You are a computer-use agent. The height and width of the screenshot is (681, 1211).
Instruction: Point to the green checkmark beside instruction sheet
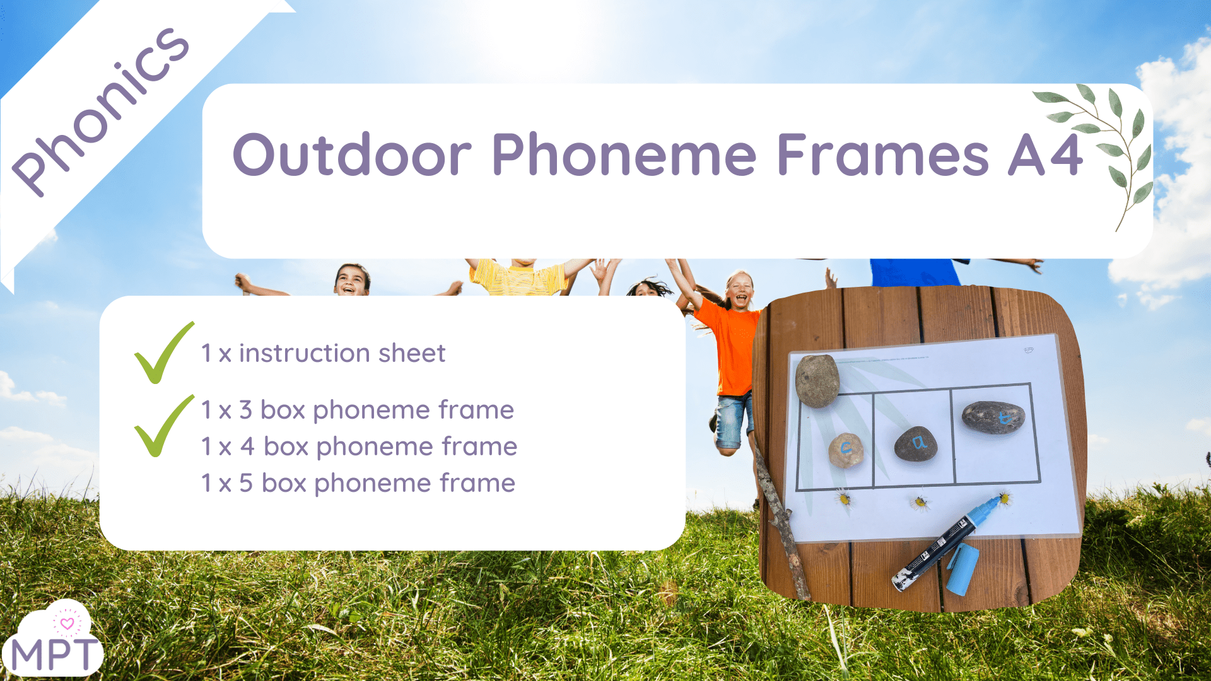click(x=163, y=353)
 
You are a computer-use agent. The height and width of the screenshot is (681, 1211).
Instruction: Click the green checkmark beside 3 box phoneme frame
click(x=163, y=426)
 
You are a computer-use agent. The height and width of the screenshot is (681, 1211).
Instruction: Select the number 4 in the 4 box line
click(x=247, y=446)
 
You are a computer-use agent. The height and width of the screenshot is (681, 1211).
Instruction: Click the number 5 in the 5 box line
click(x=246, y=483)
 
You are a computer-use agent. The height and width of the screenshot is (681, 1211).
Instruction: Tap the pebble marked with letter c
click(x=846, y=450)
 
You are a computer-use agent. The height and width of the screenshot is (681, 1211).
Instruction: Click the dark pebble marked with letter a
click(x=916, y=444)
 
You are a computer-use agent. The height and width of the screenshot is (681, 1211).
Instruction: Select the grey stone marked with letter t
click(x=993, y=417)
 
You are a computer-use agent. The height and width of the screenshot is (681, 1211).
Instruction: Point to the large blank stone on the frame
click(x=817, y=380)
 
